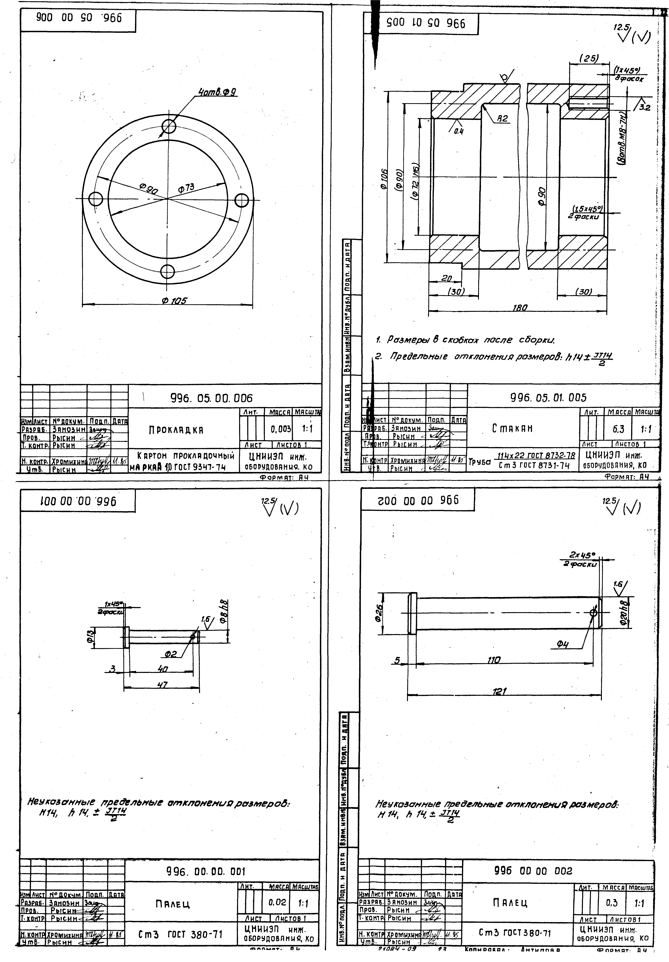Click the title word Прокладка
(176, 430)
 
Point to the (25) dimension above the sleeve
(588, 59)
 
